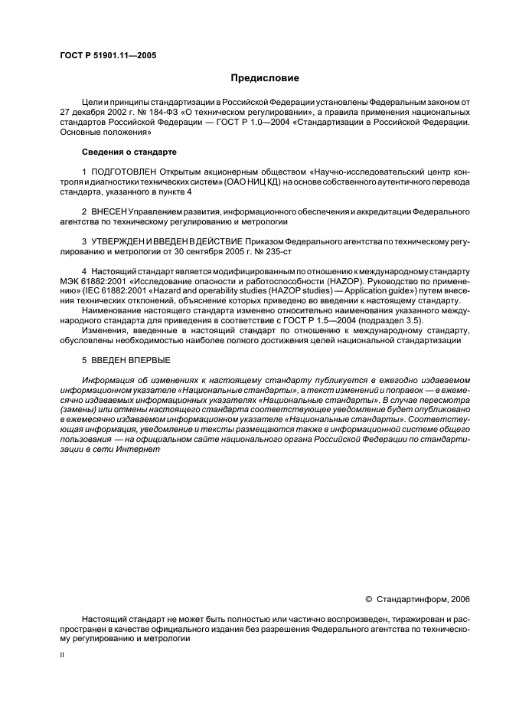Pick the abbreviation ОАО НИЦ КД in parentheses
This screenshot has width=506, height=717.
(331, 182)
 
